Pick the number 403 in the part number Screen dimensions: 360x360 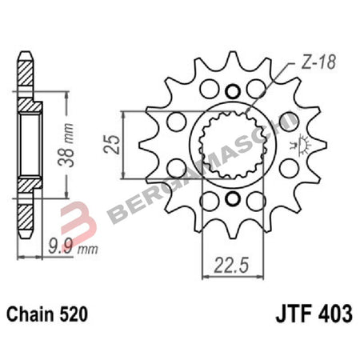coord(334,314)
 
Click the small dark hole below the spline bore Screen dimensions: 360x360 coord(232,198)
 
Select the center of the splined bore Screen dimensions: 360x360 coord(232,144)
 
